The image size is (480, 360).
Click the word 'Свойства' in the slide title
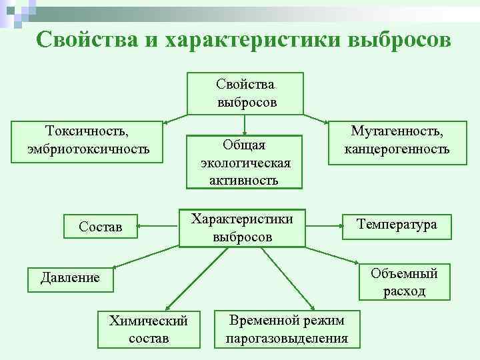tap(83, 39)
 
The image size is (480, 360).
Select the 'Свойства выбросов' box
tap(245, 93)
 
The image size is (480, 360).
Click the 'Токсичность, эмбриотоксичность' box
tap(88, 141)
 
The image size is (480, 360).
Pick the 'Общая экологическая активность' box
tap(245, 162)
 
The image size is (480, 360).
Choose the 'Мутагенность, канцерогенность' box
tap(396, 141)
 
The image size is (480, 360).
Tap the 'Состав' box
tap(100, 227)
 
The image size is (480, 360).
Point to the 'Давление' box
tap(69, 277)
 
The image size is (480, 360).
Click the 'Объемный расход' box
tap(404, 282)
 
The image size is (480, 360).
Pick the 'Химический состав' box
tap(148, 329)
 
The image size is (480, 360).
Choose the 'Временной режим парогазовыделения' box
tap(287, 329)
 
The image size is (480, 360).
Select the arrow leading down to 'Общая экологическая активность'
tap(245, 125)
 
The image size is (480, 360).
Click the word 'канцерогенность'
tap(396, 149)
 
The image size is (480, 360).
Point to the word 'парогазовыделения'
tap(287, 338)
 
